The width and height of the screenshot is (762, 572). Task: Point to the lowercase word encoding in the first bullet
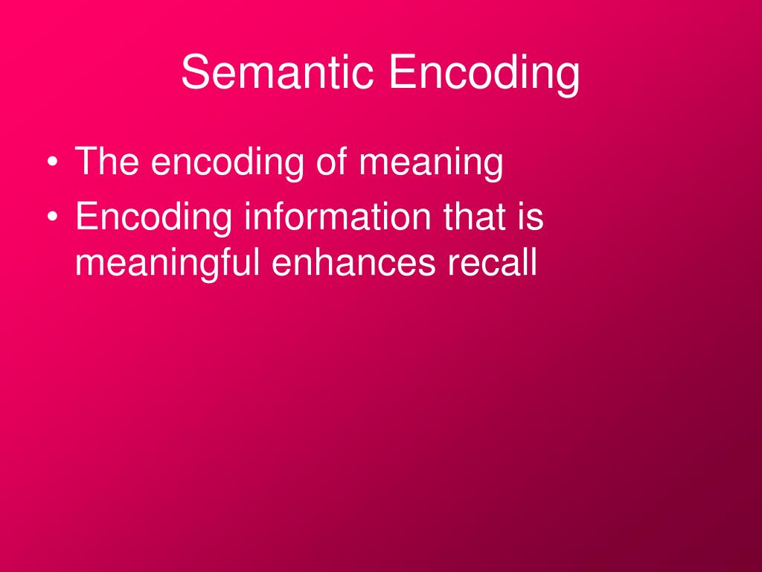228,162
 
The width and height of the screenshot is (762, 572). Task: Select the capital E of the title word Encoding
400,73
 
